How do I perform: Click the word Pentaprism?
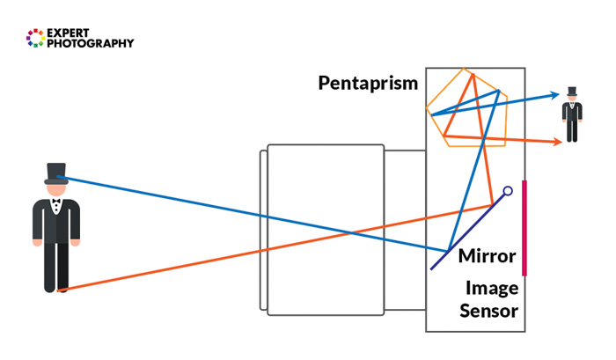[368, 84]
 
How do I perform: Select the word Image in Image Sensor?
[492, 289]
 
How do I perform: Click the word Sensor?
[488, 310]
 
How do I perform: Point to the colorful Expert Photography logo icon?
[35, 37]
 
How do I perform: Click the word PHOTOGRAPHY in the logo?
[91, 43]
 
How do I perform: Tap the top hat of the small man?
[572, 91]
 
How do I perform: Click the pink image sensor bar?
[524, 227]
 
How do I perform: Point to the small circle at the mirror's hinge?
[508, 190]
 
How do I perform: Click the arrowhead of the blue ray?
[555, 96]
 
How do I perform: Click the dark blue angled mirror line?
[466, 231]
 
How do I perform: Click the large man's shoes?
[56, 288]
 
